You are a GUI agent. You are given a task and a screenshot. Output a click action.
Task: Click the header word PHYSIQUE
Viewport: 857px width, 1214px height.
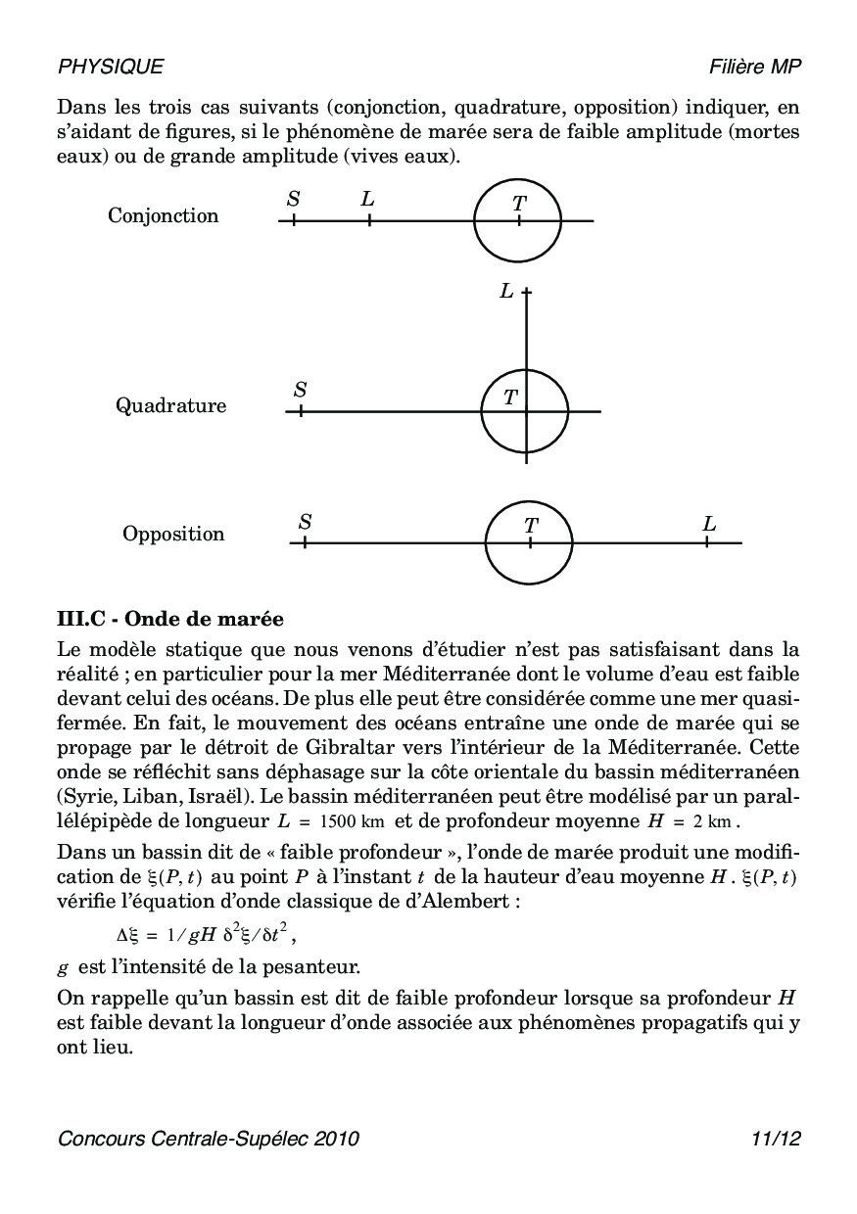111,67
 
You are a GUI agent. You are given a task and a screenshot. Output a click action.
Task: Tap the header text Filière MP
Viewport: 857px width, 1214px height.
755,67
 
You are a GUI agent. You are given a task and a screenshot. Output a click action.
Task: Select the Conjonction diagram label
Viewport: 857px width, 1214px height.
164,215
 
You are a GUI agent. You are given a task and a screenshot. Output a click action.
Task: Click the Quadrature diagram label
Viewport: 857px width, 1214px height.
171,405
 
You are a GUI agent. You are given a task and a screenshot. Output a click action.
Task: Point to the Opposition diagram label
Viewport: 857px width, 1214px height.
173,534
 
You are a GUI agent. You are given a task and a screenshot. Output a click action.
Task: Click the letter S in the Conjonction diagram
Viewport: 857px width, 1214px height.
293,200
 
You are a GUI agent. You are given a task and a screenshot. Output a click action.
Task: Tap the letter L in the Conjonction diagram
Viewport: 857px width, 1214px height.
367,200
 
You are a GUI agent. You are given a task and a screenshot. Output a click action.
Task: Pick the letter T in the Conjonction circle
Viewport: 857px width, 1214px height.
519,204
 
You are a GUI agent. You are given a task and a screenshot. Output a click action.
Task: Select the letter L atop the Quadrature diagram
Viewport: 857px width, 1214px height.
506,291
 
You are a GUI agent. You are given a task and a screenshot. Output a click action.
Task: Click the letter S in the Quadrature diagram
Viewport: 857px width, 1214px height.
300,390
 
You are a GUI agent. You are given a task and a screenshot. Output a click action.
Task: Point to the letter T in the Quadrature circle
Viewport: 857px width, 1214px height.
510,397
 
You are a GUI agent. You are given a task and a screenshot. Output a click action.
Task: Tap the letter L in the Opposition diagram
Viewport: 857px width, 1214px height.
709,524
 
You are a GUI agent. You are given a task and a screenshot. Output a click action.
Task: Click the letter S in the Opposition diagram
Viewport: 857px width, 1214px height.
305,522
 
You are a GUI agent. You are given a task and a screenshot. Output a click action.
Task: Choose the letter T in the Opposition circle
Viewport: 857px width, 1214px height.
531,526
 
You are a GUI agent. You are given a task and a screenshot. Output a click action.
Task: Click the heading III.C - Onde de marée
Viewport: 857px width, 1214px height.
170,620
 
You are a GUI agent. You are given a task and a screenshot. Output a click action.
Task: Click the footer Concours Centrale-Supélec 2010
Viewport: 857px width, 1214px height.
209,1139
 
